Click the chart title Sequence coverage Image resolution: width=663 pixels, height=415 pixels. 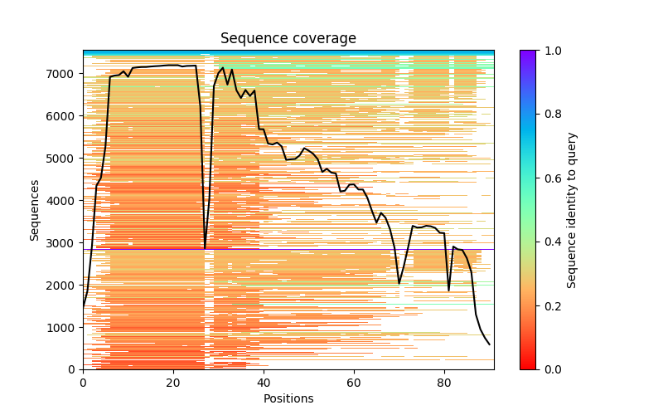288,39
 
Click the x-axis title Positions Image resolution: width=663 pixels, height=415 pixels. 288,399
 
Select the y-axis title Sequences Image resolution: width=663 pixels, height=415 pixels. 35,210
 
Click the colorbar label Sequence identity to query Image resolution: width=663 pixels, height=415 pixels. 572,210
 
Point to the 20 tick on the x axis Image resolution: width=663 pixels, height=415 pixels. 173,369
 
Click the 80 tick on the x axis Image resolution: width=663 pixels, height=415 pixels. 444,369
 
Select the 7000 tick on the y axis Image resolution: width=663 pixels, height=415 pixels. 83,74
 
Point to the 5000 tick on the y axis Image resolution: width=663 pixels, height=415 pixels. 83,159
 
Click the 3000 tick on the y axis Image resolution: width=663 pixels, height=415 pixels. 83,242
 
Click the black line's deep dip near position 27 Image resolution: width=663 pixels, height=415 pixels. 205,247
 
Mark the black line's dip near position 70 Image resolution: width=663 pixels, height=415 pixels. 399,283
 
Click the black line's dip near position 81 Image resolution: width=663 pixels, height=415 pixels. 449,290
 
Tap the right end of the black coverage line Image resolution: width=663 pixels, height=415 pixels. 489,344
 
